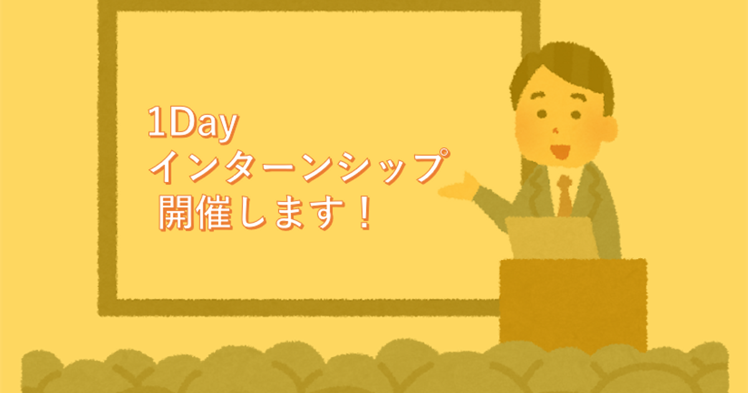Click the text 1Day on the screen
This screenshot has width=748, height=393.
tap(193, 124)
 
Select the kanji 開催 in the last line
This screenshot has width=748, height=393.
tap(195, 213)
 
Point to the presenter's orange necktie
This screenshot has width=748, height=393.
tap(564, 196)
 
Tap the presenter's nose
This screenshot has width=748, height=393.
tap(555, 130)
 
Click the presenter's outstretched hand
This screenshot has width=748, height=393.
tap(459, 188)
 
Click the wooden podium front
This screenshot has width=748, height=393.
tap(573, 305)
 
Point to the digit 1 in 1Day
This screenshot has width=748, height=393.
tap(156, 122)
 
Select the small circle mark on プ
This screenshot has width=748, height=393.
tap(444, 153)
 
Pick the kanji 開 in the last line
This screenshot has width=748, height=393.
tap(176, 213)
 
